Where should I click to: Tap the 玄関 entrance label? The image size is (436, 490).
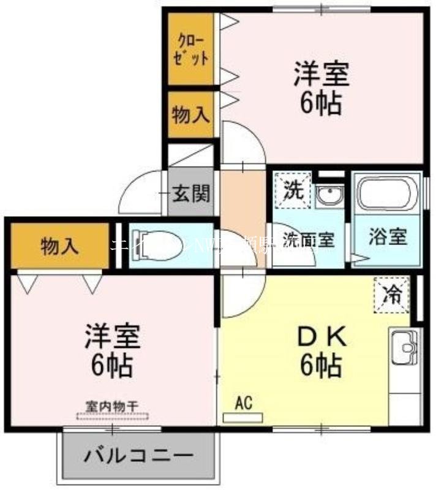click(x=190, y=194)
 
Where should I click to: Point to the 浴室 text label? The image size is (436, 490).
click(x=388, y=237)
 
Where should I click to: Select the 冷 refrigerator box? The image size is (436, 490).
click(x=391, y=294)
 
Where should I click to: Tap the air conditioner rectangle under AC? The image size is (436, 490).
click(x=243, y=418)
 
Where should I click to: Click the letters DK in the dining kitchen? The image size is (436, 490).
click(x=322, y=337)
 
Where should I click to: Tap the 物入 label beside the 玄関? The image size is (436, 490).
click(x=190, y=115)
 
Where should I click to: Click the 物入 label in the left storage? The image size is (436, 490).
click(x=59, y=247)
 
